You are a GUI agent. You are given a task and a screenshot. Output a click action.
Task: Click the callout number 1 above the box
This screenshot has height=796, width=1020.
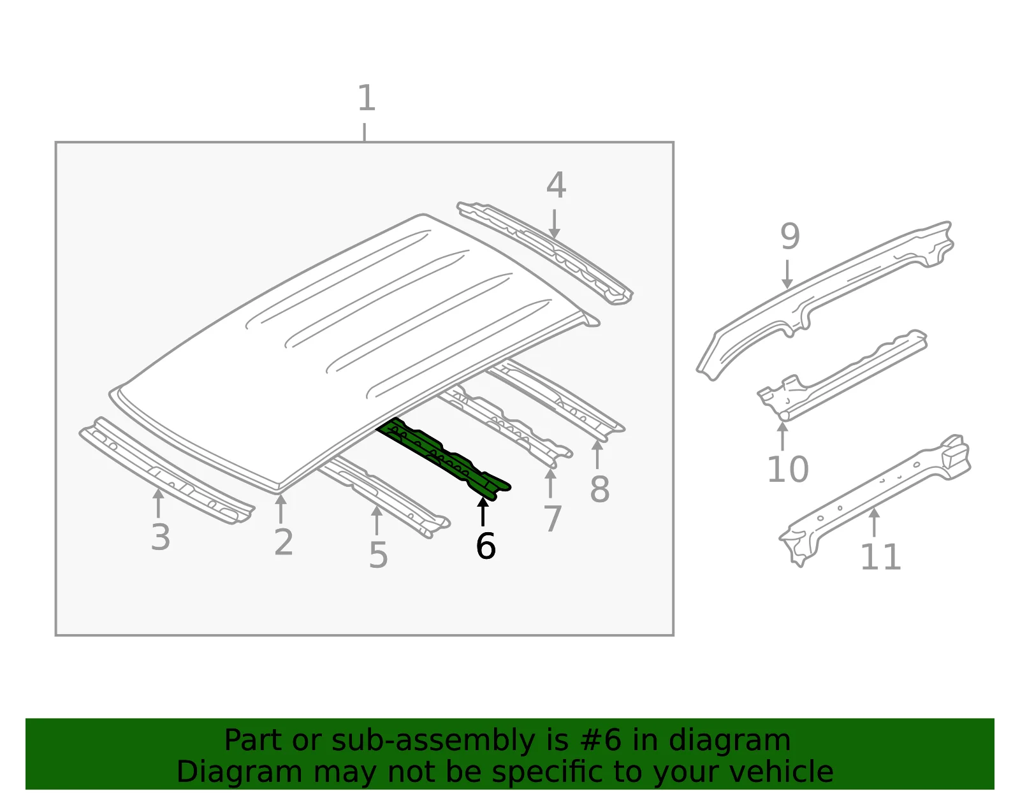tap(367, 98)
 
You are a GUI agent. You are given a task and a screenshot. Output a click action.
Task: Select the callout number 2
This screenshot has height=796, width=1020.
tap(284, 542)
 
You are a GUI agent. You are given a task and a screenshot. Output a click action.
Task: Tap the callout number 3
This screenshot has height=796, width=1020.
tap(161, 537)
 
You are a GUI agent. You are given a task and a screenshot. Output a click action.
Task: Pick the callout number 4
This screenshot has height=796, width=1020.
tap(556, 185)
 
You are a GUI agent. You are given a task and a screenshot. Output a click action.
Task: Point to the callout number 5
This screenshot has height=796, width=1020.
tap(378, 555)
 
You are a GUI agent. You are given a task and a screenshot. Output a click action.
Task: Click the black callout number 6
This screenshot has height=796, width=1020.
tap(485, 546)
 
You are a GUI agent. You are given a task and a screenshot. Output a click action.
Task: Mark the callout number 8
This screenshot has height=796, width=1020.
tap(600, 489)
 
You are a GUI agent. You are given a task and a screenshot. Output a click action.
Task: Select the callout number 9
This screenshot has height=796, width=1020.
tap(790, 236)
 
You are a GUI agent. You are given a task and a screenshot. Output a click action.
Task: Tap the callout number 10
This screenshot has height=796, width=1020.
tap(788, 469)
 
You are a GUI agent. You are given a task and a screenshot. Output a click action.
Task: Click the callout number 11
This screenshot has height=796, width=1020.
tap(880, 557)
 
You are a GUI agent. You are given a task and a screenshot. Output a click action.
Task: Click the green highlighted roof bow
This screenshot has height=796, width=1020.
tap(444, 458)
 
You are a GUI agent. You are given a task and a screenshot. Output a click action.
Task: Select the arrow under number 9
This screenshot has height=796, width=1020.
tap(787, 274)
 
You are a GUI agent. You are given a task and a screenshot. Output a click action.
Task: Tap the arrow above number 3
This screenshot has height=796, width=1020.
tap(158, 503)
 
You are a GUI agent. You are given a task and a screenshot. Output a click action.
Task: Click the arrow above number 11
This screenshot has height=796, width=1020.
tap(874, 522)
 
